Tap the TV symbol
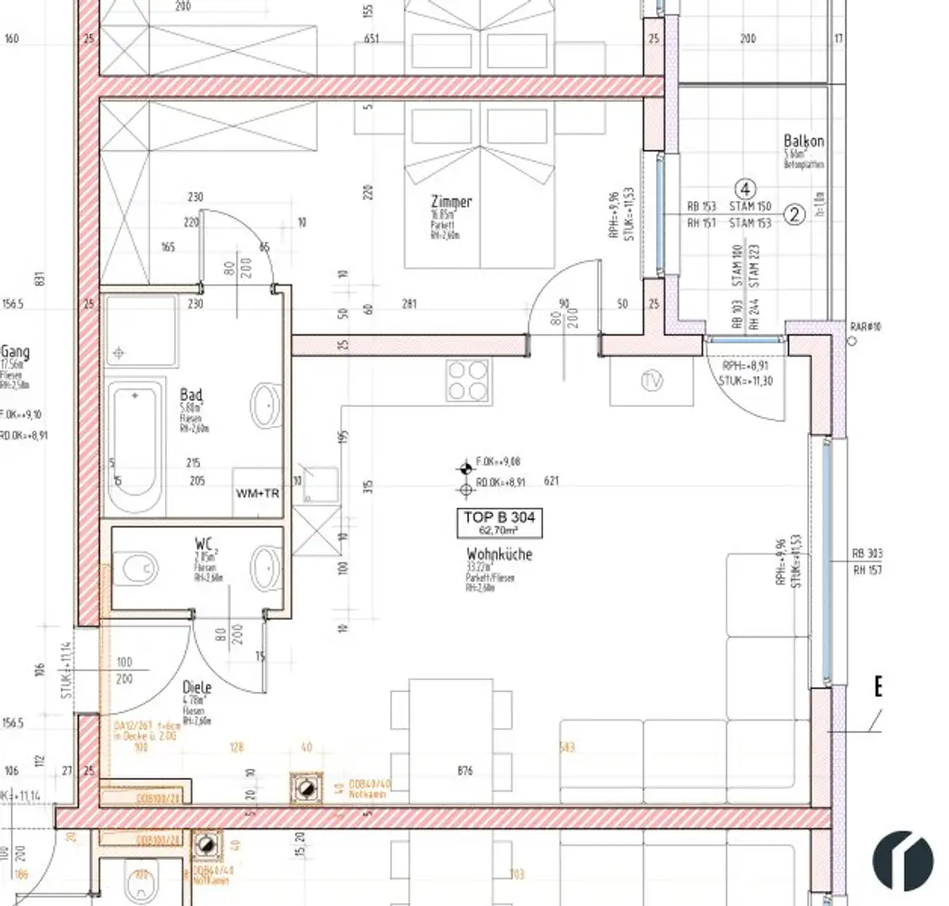652,381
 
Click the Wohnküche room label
500,554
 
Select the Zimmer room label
451,201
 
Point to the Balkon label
803,141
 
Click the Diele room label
197,687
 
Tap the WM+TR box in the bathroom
258,493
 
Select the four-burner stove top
468,380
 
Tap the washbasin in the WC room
266,566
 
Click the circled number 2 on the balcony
794,214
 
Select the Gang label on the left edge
15,352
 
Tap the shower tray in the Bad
139,332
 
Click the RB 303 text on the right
867,554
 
